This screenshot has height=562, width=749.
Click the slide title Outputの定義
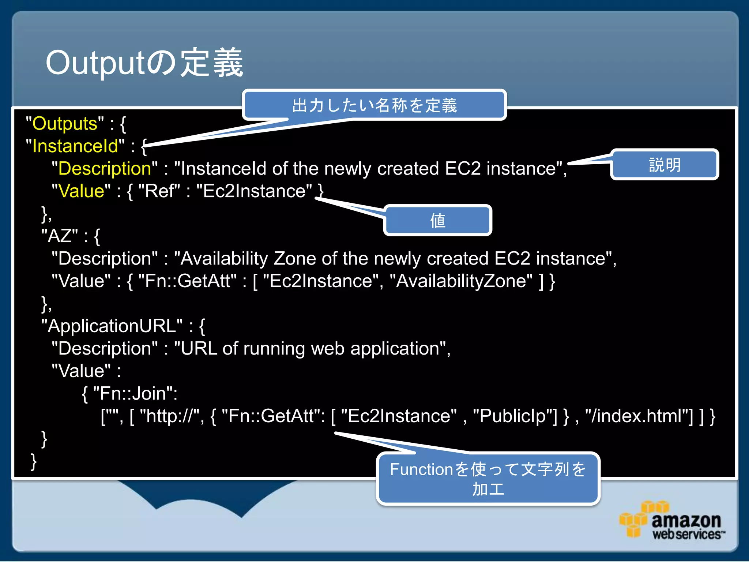(x=144, y=63)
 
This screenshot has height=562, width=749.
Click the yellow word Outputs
(x=65, y=124)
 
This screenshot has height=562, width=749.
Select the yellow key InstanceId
(x=75, y=146)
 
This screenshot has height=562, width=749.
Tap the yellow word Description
(x=105, y=169)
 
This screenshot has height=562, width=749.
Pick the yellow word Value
(x=81, y=191)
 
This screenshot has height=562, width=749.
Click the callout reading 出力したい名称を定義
(x=374, y=105)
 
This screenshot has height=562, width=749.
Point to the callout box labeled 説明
(x=664, y=165)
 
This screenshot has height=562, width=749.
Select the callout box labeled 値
(x=437, y=221)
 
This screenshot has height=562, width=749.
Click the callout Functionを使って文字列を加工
(x=488, y=479)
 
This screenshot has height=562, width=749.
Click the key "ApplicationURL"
(x=112, y=326)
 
